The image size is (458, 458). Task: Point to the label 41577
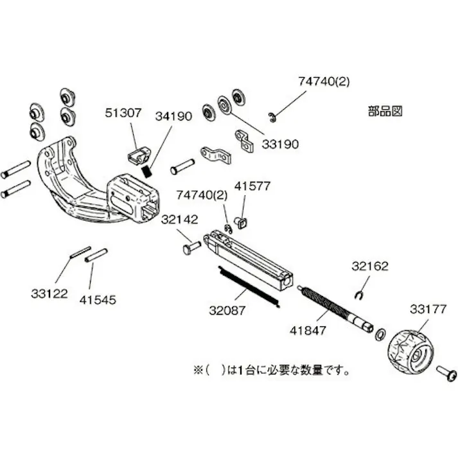(252, 186)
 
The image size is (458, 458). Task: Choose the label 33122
(49, 294)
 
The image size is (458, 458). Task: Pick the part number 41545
(98, 299)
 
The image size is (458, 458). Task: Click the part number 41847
(308, 331)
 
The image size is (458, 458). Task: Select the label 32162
(369, 265)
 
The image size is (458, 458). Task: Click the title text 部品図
(385, 110)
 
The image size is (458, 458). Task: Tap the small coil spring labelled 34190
(148, 171)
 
